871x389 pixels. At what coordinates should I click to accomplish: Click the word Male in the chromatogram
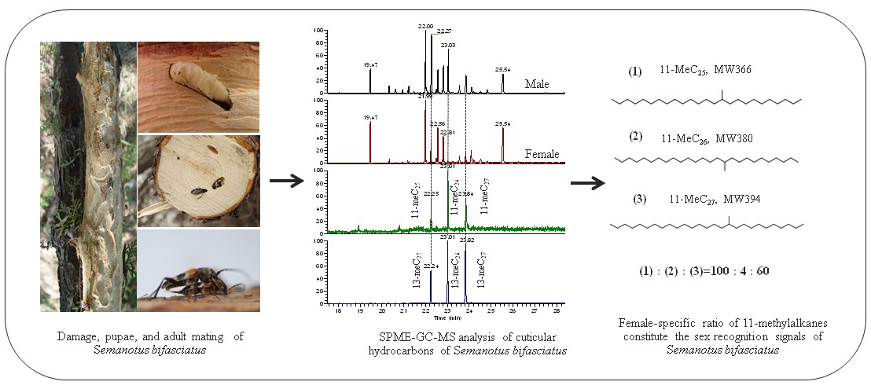click(538, 83)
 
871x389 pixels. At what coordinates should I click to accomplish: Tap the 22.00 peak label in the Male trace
click(425, 26)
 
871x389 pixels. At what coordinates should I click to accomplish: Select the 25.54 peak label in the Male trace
click(502, 70)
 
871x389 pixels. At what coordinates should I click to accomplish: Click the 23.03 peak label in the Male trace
click(448, 46)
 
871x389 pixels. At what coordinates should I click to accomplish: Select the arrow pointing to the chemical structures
click(588, 183)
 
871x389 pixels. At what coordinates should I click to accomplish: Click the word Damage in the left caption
click(76, 336)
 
